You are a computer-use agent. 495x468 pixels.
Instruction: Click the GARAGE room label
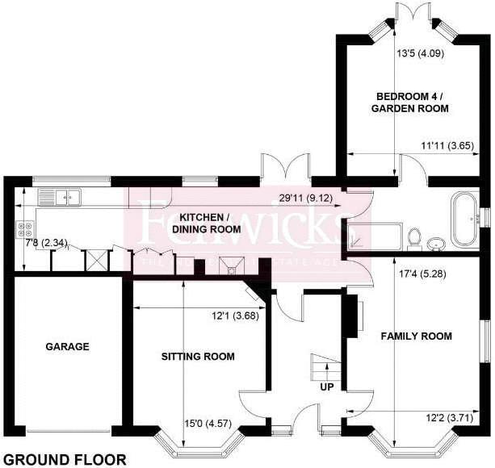pos(68,347)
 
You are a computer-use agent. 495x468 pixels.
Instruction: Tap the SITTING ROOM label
pos(198,357)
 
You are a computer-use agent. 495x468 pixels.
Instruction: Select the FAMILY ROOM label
pos(416,336)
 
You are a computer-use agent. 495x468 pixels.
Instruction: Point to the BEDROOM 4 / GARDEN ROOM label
pos(410,101)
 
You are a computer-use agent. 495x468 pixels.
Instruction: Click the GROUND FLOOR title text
pos(70,459)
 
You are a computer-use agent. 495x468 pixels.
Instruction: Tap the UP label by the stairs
pos(327,387)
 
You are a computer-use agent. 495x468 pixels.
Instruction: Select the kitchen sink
pos(61,196)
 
